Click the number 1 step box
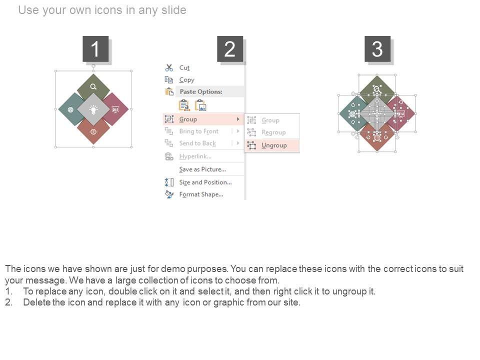tap(95, 49)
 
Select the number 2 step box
tap(230, 49)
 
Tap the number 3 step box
tap(377, 49)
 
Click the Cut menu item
tap(184, 67)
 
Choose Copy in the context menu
tap(186, 80)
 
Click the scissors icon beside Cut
tap(169, 67)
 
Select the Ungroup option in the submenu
tap(274, 145)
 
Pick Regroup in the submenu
tap(273, 132)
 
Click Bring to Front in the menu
tap(199, 131)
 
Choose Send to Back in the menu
tap(197, 143)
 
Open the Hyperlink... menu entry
tap(195, 156)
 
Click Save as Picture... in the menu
tap(202, 169)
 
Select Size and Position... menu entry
tap(205, 182)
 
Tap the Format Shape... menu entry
tap(201, 194)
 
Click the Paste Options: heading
tap(201, 91)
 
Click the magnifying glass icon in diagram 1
tap(93, 86)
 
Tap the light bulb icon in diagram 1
tap(93, 109)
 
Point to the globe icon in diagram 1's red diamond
tap(93, 131)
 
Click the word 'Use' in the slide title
tap(28, 10)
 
